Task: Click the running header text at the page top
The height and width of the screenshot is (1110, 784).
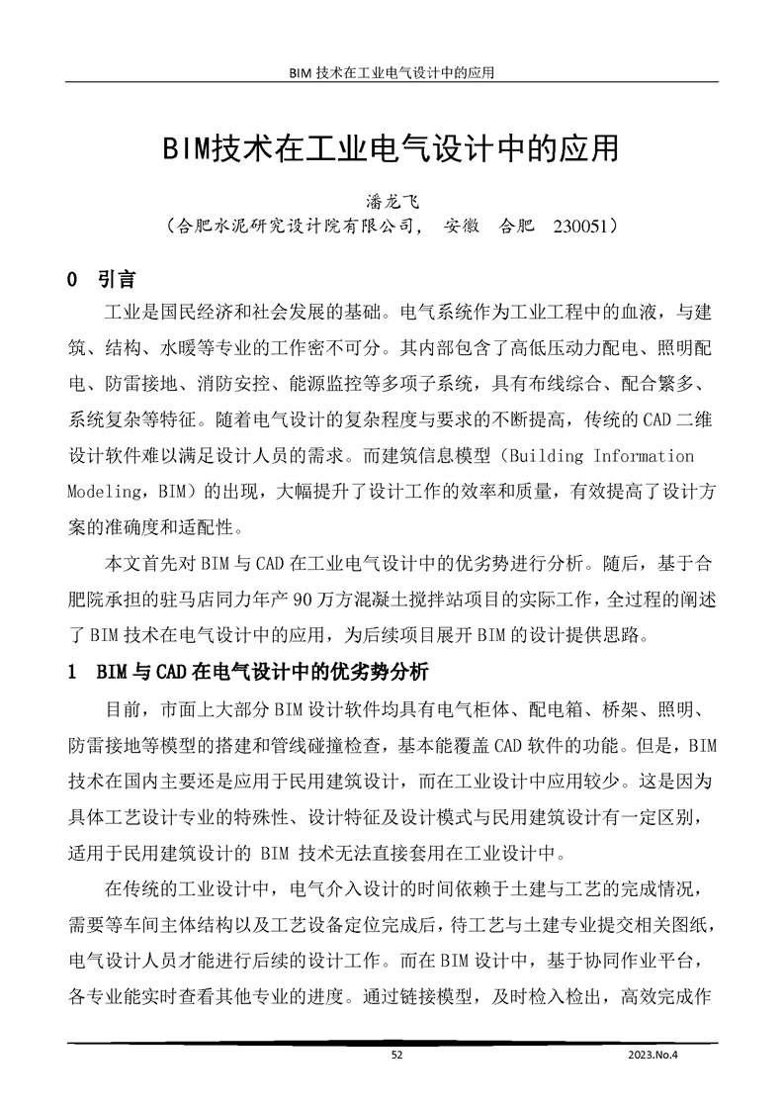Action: (x=392, y=72)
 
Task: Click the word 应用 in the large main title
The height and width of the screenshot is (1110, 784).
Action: (x=588, y=149)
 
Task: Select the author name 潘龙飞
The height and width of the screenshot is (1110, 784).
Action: (x=392, y=201)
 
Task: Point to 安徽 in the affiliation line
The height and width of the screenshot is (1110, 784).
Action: (x=464, y=226)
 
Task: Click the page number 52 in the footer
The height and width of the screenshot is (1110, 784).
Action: (x=396, y=1055)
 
